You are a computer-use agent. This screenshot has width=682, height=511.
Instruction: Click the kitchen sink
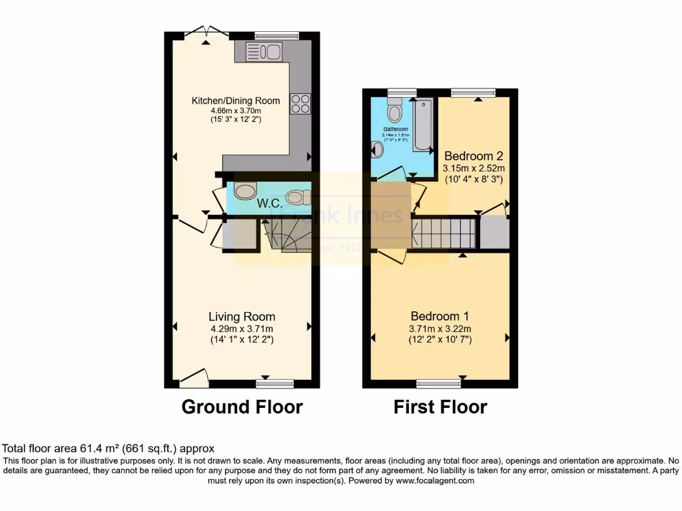tap(264, 51)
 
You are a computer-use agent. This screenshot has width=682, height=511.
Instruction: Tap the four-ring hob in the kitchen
tap(300, 104)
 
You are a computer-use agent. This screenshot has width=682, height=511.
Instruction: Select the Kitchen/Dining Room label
tap(236, 100)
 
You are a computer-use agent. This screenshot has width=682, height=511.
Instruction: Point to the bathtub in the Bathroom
tap(424, 126)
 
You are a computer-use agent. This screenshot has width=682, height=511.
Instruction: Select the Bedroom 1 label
tap(440, 316)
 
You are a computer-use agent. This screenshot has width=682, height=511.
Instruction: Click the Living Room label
tap(241, 317)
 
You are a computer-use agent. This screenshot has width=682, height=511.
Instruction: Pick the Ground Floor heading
tap(242, 407)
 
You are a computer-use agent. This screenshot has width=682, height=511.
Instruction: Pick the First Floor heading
tap(440, 407)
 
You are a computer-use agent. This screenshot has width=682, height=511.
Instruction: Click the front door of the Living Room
tap(194, 379)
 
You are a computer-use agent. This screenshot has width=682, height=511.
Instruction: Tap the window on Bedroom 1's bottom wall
tap(438, 383)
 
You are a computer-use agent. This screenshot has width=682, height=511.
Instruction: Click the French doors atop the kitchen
tap(205, 31)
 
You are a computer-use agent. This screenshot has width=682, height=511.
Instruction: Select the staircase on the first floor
tap(443, 234)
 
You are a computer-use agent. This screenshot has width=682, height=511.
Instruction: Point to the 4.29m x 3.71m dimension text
tap(241, 329)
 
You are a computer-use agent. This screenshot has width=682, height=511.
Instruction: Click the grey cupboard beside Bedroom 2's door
tap(494, 232)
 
